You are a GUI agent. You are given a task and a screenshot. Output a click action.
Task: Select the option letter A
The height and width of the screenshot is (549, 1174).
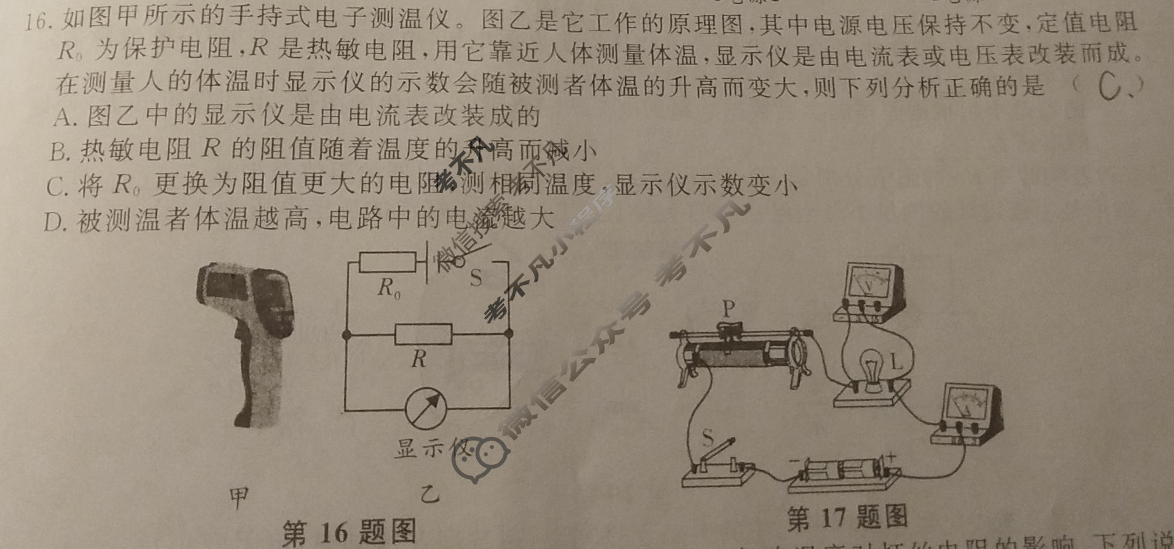pyautogui.click(x=63, y=117)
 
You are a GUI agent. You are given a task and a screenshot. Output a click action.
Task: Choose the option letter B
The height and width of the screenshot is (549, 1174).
pyautogui.click(x=60, y=152)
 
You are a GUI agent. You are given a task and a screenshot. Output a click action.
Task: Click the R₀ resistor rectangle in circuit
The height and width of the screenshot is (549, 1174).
pyautogui.click(x=387, y=262)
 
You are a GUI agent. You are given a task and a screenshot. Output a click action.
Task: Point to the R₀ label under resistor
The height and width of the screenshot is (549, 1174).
pyautogui.click(x=388, y=288)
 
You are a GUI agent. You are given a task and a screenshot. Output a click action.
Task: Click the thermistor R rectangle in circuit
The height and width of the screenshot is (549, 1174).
pyautogui.click(x=423, y=334)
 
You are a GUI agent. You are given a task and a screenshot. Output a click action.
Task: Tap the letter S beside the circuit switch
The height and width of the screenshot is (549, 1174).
pyautogui.click(x=475, y=278)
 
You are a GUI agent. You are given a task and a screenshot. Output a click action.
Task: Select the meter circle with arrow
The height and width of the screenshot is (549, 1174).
pyautogui.click(x=426, y=407)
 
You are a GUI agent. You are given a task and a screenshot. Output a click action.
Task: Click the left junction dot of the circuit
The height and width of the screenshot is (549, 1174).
pyautogui.click(x=347, y=335)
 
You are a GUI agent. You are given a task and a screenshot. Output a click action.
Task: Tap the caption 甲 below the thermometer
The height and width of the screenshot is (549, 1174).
pyautogui.click(x=238, y=497)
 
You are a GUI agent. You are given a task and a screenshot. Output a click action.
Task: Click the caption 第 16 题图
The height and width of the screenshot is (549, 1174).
pyautogui.click(x=349, y=532)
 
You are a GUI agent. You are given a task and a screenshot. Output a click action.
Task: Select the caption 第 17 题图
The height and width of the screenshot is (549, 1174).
pyautogui.click(x=847, y=518)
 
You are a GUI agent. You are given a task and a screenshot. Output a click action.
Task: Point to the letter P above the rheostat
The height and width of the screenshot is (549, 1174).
pyautogui.click(x=728, y=308)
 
